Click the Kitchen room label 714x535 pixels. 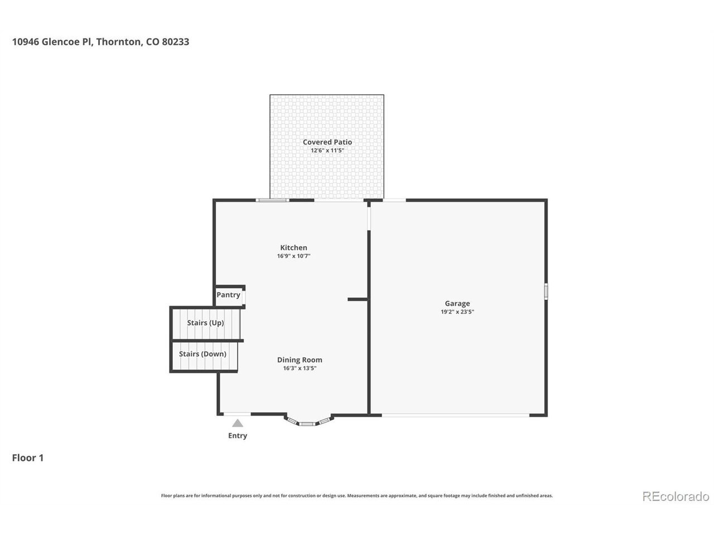point(293,247)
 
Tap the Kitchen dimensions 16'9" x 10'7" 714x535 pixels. point(293,256)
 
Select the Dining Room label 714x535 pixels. point(300,360)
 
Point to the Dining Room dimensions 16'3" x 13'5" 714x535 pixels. point(300,368)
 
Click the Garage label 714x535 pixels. point(457,303)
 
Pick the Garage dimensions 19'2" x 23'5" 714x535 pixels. point(457,312)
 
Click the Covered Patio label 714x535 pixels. point(327,142)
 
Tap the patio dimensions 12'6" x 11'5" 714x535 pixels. point(327,150)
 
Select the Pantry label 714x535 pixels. point(228,295)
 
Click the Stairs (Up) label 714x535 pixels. point(206,323)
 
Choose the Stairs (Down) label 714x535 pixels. point(202,354)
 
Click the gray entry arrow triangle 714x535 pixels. point(238,423)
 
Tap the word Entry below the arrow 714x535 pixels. point(238,436)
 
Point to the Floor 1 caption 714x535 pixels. point(28,458)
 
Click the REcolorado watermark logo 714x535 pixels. point(676,497)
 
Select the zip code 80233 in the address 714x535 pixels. point(175,42)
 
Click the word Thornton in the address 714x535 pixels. point(119,42)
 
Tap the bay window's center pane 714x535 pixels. point(307,424)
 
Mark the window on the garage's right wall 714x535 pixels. point(546,291)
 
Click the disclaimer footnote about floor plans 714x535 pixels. point(357,495)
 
